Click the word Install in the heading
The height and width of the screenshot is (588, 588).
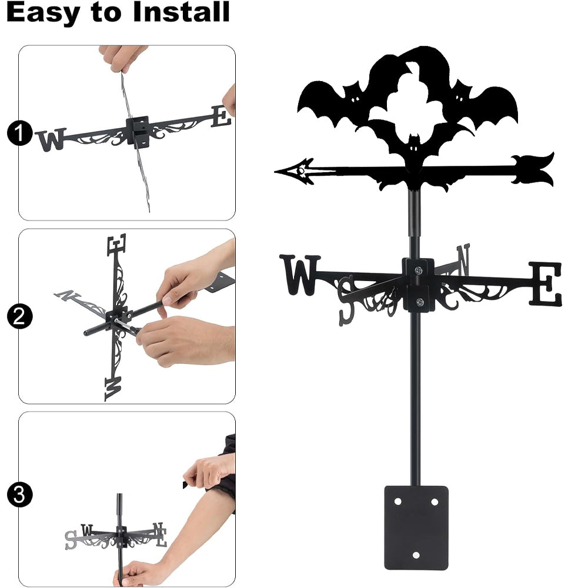pos(181,12)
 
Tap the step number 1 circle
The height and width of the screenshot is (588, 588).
pos(19,133)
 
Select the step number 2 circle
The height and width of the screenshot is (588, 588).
pos(19,316)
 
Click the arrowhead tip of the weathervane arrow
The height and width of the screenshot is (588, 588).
pos(275,172)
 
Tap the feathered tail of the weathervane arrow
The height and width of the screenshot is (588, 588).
pos(533,169)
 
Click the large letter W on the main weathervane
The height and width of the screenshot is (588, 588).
pos(300,275)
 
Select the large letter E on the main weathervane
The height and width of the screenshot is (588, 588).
pos(546,284)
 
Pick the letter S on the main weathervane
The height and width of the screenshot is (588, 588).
pos(346,300)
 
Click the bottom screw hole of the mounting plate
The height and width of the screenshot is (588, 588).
pos(416,555)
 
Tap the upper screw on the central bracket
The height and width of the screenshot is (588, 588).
pos(418,270)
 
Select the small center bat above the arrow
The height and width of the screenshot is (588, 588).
pos(413,150)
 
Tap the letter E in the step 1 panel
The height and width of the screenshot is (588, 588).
pos(221,116)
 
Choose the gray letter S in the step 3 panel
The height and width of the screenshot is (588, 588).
pos(71,540)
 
